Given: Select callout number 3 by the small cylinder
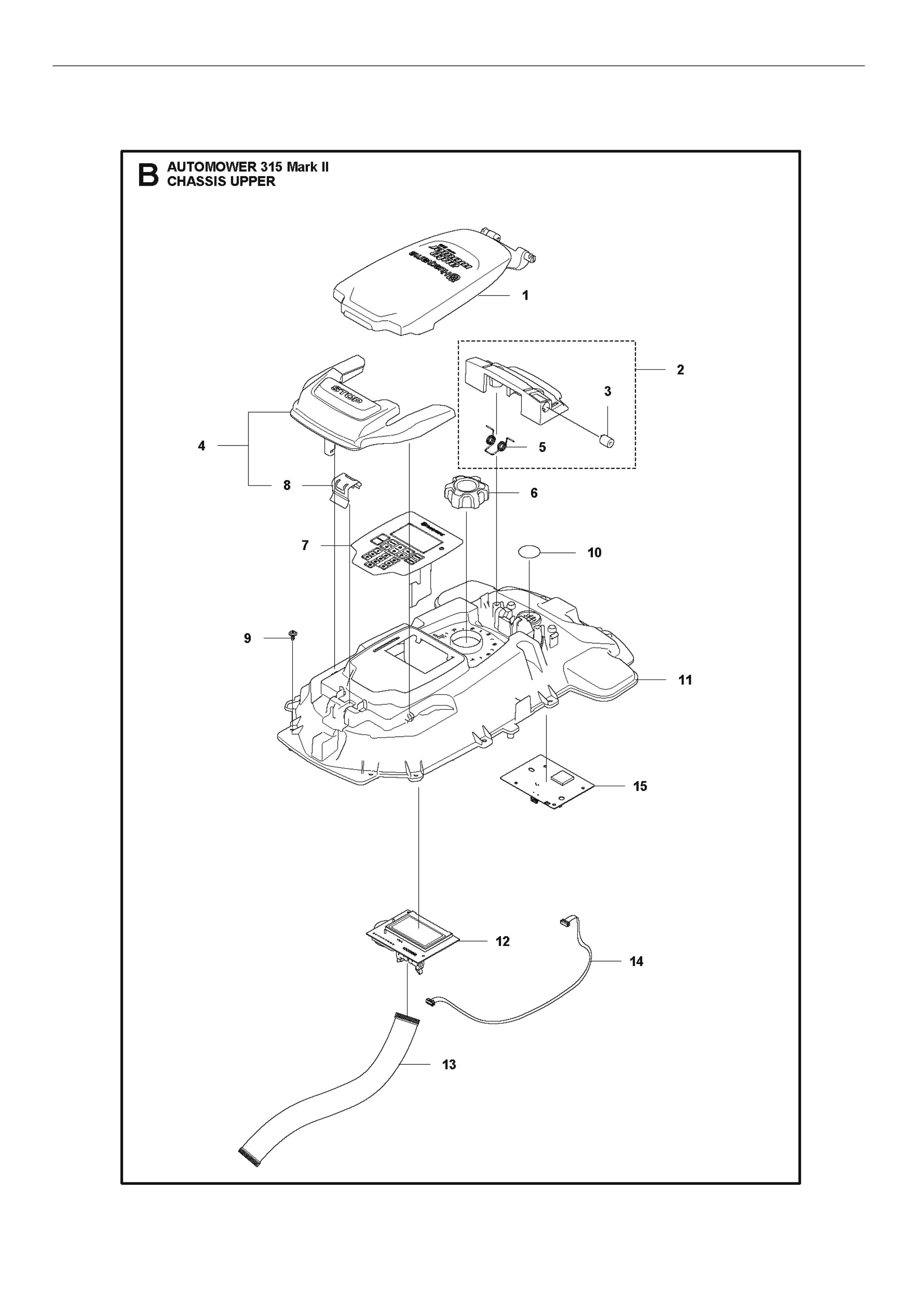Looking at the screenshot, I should point(608,391).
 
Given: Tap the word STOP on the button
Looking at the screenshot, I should point(346,394).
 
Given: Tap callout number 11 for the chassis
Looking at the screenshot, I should point(685,680).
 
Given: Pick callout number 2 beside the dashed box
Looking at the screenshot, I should point(680,370).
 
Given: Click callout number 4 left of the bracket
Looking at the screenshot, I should point(201,446).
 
